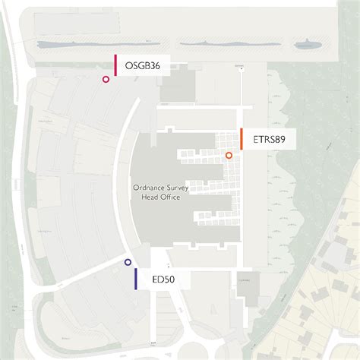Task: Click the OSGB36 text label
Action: tap(142, 65)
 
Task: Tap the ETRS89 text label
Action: tap(269, 139)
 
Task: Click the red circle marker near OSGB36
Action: tap(106, 79)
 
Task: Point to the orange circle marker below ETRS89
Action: tap(228, 156)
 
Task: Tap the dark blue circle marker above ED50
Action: tap(128, 262)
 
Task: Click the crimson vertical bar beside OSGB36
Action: tap(115, 65)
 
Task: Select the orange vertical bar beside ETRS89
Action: tap(241, 139)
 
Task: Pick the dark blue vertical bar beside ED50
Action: tap(135, 279)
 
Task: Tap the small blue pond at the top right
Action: tap(307, 46)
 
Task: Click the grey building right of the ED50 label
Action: tap(248, 289)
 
